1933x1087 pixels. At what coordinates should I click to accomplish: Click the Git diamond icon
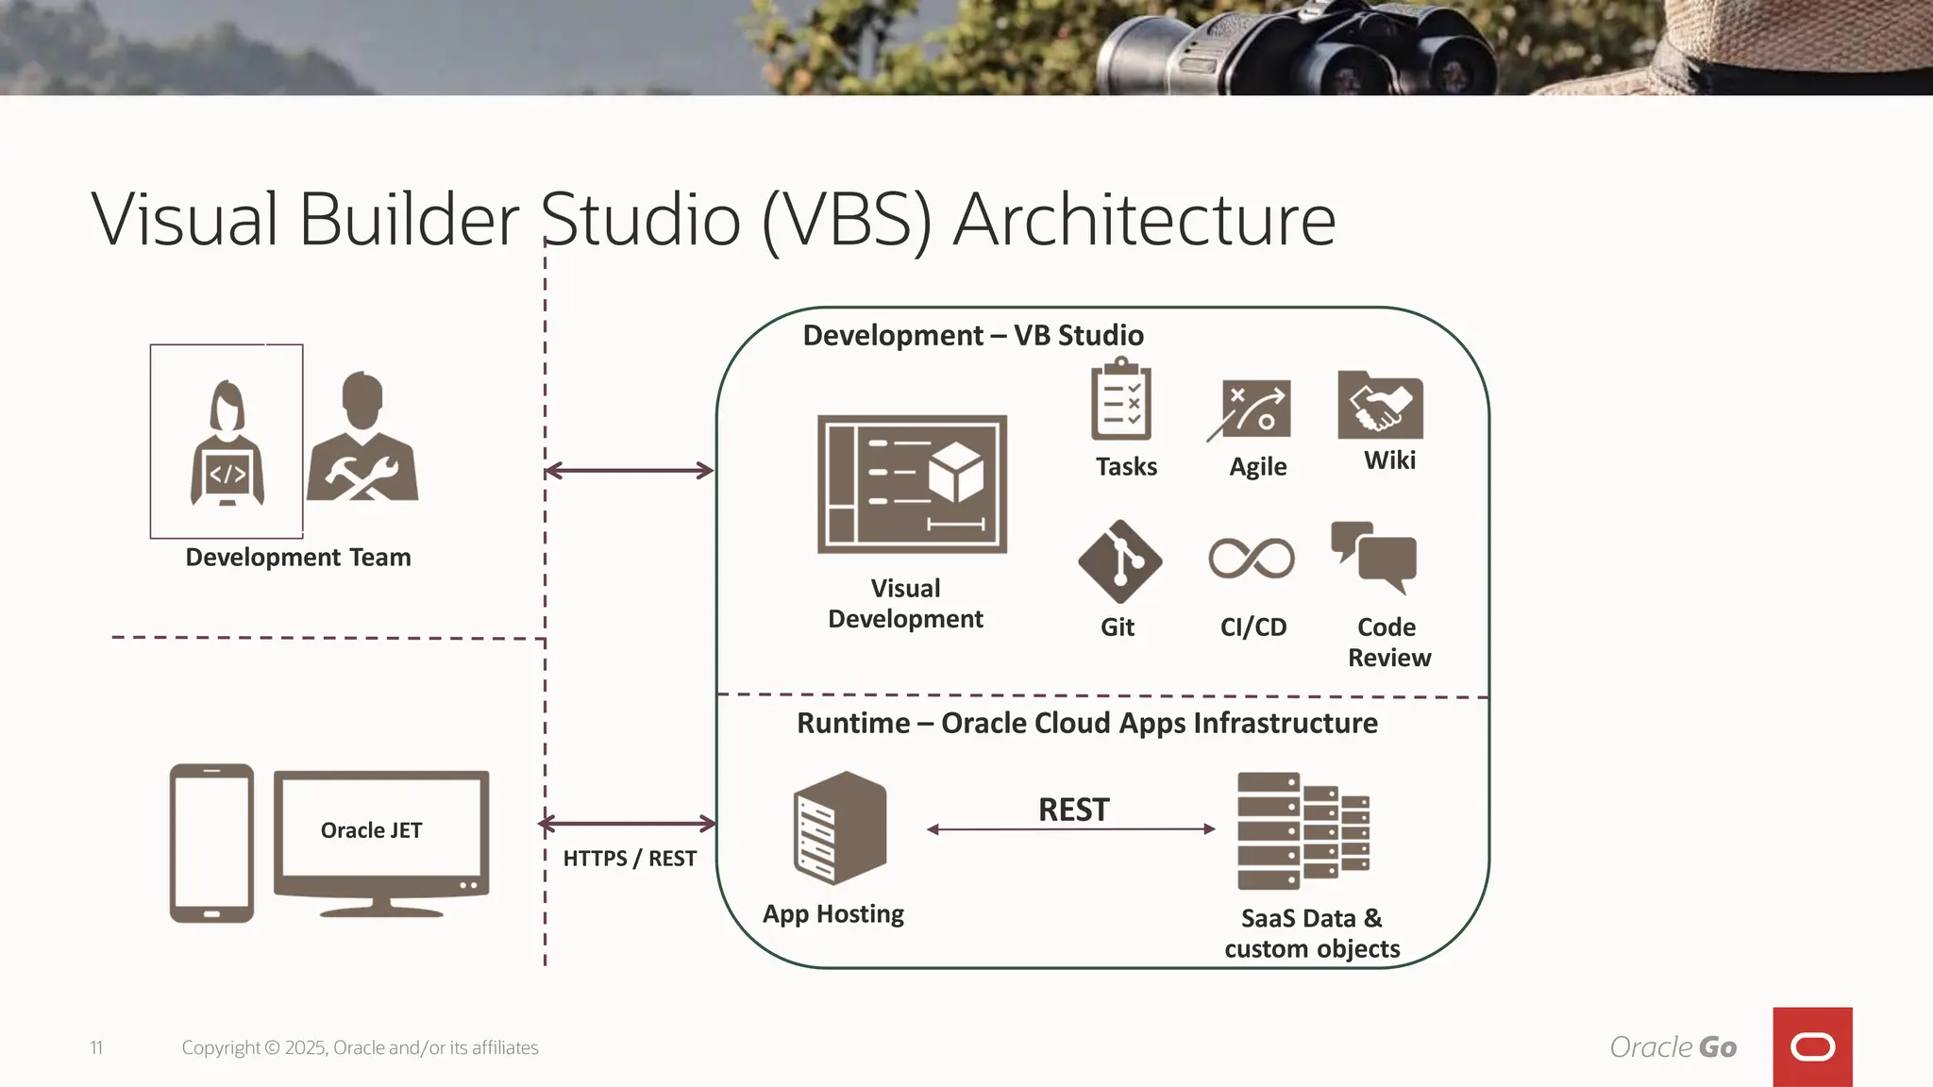pos(1119,561)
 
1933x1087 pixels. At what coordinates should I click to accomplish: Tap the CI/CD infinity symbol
pos(1252,559)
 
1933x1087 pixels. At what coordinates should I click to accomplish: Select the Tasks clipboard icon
pos(1121,400)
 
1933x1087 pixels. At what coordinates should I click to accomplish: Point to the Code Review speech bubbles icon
pos(1375,557)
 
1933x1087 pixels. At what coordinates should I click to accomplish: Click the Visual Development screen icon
pos(912,484)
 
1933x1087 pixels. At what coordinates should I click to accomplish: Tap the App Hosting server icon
pos(839,828)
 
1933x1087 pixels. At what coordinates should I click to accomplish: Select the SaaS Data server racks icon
pos(1303,830)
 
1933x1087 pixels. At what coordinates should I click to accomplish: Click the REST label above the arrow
pos(1073,810)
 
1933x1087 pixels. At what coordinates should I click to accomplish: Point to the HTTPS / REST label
pos(630,859)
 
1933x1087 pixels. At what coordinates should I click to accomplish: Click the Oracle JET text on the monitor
pos(371,830)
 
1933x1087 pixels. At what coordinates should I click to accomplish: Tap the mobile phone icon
pos(211,843)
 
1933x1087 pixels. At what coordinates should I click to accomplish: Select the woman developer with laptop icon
pos(227,443)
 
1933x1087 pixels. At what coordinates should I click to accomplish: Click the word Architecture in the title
pos(1144,220)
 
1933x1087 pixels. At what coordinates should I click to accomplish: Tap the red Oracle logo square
pos(1812,1046)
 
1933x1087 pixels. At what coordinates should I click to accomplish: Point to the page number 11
pos(96,1047)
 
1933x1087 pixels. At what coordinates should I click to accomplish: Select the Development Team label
pos(298,558)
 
